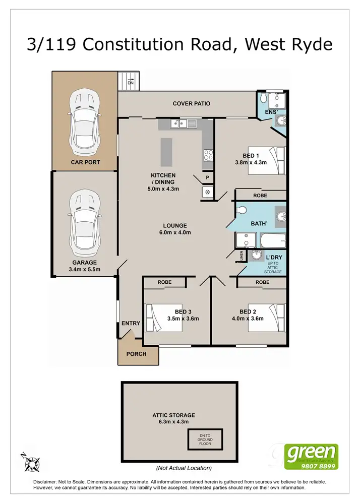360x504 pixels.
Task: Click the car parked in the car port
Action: [x=84, y=122]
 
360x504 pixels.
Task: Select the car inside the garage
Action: [x=84, y=222]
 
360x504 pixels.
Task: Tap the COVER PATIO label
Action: [x=191, y=104]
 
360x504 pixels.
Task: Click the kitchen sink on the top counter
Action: [x=180, y=123]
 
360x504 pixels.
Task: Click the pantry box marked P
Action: [x=207, y=178]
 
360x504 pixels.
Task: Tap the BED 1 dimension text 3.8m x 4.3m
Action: [x=251, y=163]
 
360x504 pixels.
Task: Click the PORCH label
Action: [x=136, y=354]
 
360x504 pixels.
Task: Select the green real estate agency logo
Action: [x=311, y=457]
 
